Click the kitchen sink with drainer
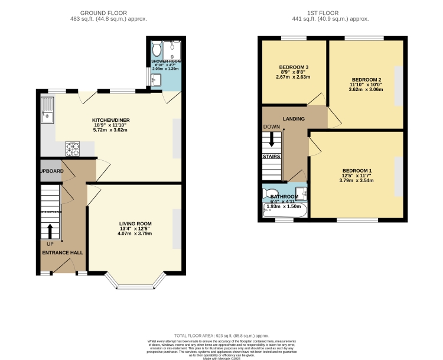(47, 111)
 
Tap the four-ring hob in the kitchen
(73, 148)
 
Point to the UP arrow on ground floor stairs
(50, 231)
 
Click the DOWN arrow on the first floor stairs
(272, 140)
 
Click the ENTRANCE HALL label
(62, 252)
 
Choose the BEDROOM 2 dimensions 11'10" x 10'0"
(366, 86)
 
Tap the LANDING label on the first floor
(294, 119)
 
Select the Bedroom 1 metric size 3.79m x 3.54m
(357, 181)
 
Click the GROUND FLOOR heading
(105, 12)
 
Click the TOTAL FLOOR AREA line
(221, 335)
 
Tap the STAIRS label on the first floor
(272, 157)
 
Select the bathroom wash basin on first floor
(302, 192)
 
